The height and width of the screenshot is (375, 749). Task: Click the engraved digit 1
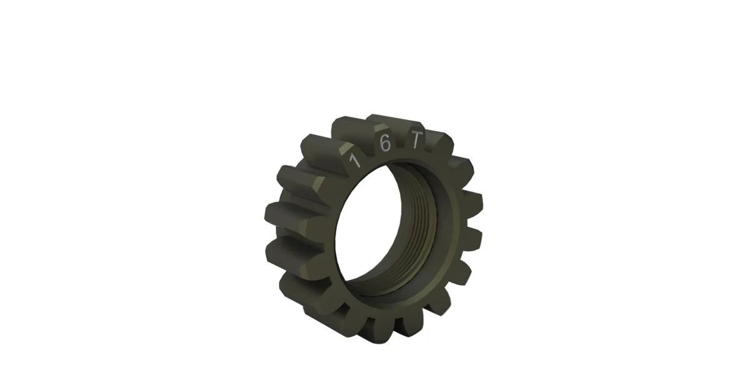pyautogui.click(x=355, y=161)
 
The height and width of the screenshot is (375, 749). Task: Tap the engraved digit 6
pyautogui.click(x=385, y=144)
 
